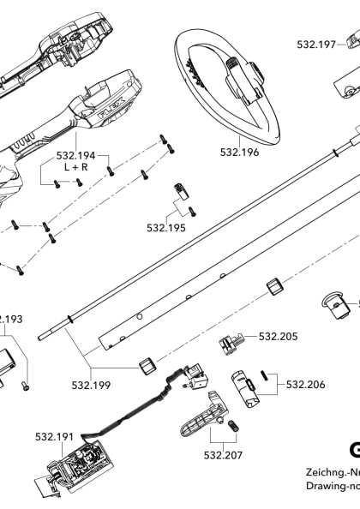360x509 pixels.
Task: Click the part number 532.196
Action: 239,153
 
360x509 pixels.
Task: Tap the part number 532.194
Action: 75,156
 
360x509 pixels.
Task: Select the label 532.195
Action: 165,228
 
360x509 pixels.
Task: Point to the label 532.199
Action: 91,385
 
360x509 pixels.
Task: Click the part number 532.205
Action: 278,337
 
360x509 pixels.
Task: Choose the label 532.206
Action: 305,385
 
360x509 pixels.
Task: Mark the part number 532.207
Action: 223,455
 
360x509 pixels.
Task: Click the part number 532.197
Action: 316,45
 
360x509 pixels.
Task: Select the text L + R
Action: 77,170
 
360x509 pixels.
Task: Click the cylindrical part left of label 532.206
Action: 245,386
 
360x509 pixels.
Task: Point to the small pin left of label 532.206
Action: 267,374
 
